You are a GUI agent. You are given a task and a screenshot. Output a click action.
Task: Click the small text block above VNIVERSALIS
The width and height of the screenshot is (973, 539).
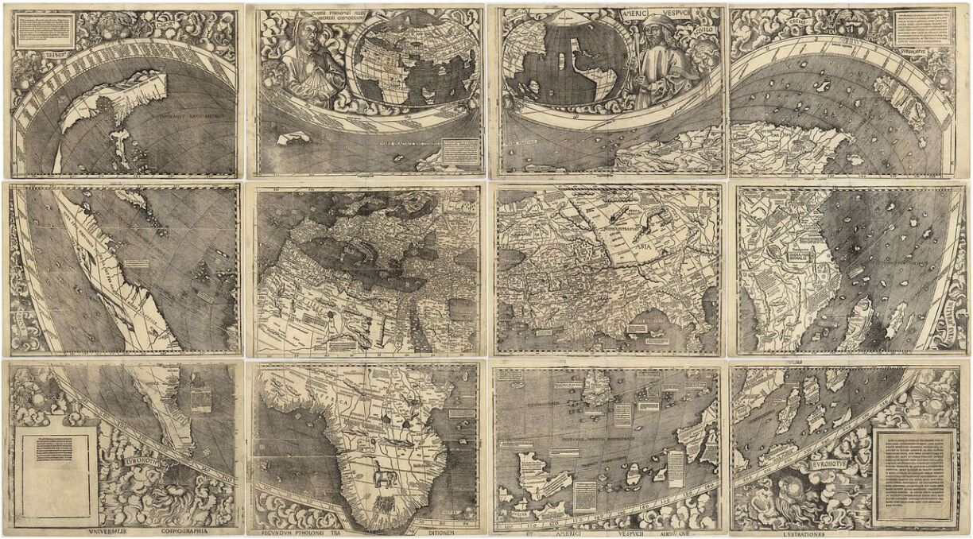coord(54,449)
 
